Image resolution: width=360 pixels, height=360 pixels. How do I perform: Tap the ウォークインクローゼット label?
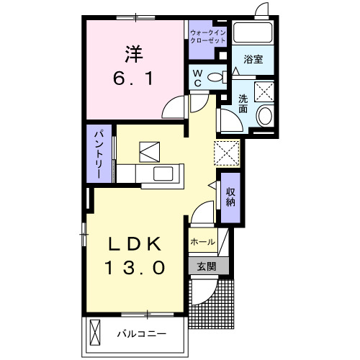[x=207, y=36]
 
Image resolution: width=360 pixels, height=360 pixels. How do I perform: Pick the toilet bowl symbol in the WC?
[x=215, y=78]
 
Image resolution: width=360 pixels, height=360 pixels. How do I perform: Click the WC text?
[x=196, y=78]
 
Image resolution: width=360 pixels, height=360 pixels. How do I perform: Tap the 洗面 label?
[x=243, y=104]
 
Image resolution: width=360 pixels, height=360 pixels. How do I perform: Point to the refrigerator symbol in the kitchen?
[x=152, y=151]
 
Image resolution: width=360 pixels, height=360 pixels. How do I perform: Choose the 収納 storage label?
[x=230, y=197]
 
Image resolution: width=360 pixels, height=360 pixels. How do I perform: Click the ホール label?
[x=202, y=243]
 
